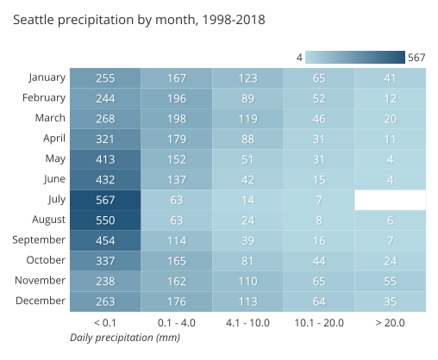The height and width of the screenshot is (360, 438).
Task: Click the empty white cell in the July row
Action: click(x=390, y=200)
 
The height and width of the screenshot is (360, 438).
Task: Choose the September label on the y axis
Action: click(x=40, y=240)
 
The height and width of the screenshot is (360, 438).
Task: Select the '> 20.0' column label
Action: click(x=390, y=322)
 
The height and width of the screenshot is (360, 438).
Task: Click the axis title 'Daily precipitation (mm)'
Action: click(x=124, y=338)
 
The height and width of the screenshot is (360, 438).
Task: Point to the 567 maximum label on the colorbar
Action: click(x=416, y=58)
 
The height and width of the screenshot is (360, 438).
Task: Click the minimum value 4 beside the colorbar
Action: click(x=298, y=58)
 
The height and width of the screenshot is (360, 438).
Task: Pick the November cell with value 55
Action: click(x=390, y=281)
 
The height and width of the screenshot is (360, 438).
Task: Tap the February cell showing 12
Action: click(x=390, y=98)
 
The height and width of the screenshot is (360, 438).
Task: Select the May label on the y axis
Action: click(x=55, y=158)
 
